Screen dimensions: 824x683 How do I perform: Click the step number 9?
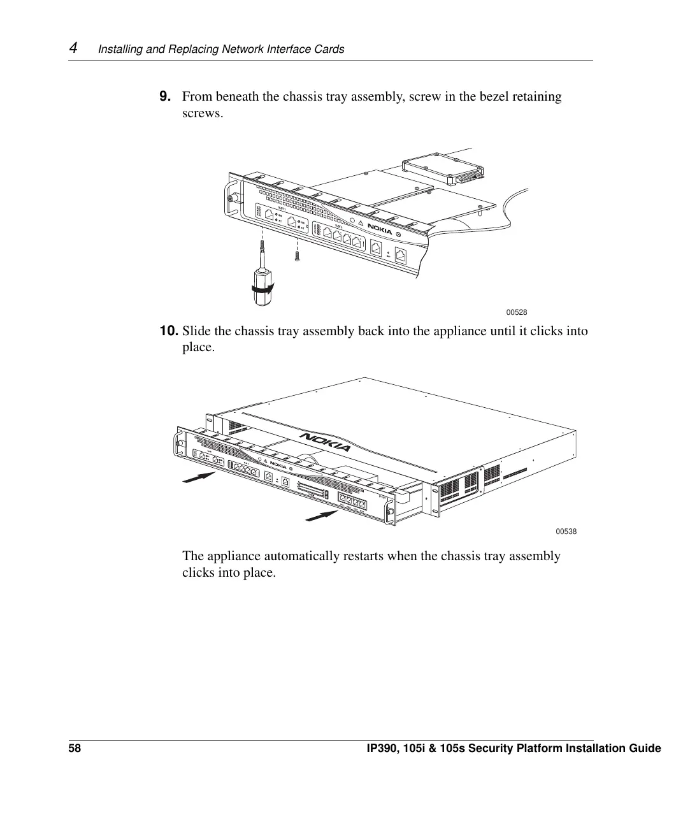[164, 97]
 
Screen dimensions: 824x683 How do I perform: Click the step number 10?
[168, 331]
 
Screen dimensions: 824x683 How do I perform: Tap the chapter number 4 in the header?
[73, 48]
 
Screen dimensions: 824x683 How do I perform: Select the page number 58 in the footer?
[75, 748]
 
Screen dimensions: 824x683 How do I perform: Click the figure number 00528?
[516, 312]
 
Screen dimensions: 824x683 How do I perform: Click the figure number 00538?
[566, 531]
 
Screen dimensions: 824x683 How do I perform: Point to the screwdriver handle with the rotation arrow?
[262, 287]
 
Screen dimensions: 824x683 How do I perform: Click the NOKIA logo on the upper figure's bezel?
[380, 229]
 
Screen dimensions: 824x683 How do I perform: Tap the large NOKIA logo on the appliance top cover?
[325, 442]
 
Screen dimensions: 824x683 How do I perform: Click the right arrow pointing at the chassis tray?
[322, 515]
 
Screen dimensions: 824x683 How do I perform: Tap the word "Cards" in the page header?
[329, 49]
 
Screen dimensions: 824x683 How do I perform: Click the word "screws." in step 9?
[203, 113]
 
